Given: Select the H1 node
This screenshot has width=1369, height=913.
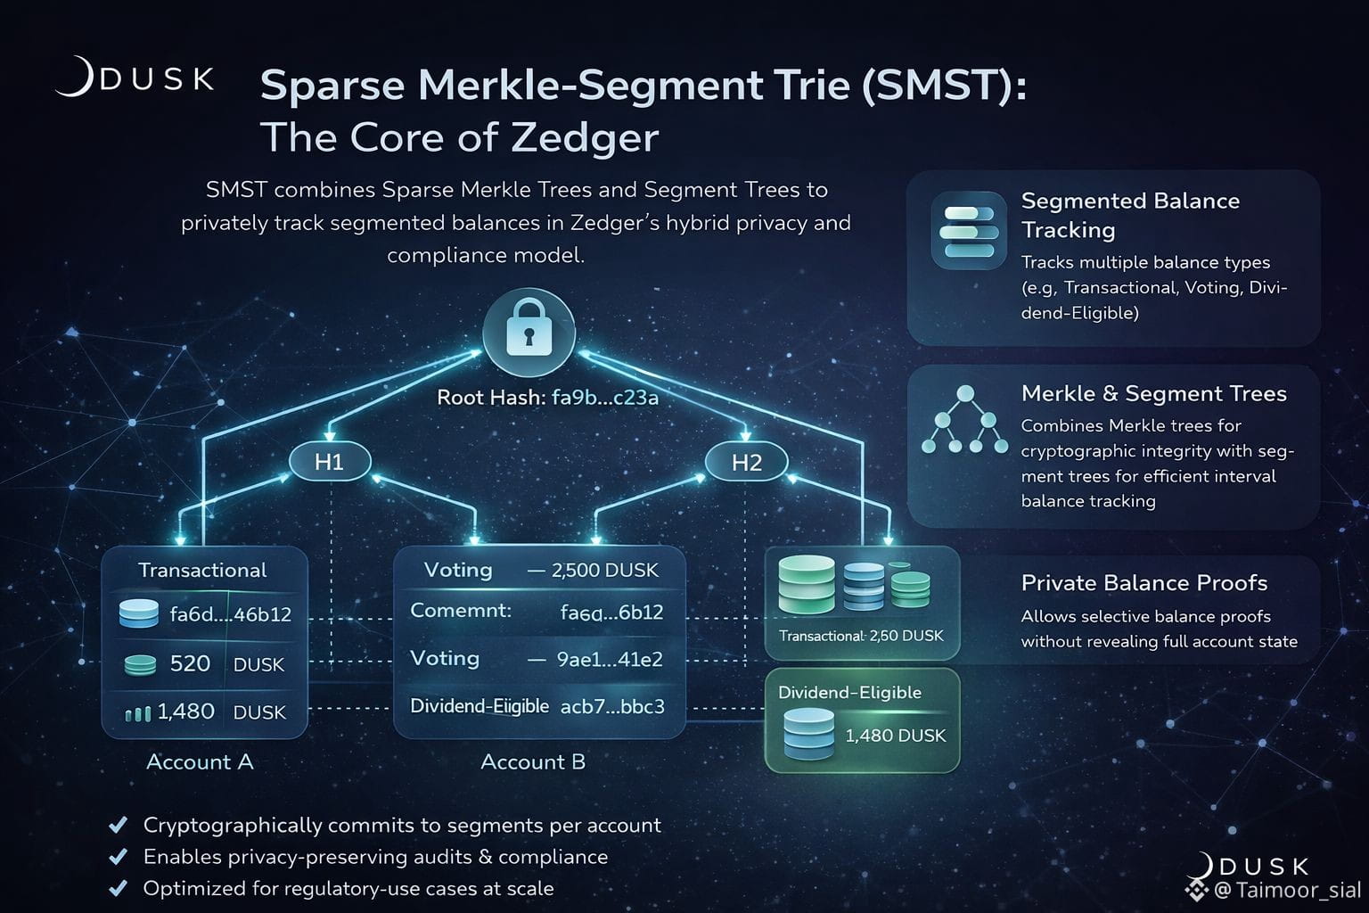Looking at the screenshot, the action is pyautogui.click(x=329, y=462).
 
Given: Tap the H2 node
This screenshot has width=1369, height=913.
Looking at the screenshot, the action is pyautogui.click(x=746, y=462).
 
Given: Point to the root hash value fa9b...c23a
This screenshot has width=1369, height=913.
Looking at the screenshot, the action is pyautogui.click(x=605, y=398).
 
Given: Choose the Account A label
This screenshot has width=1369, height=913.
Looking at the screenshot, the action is pyautogui.click(x=200, y=762).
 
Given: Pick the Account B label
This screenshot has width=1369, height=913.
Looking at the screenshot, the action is pyautogui.click(x=533, y=762).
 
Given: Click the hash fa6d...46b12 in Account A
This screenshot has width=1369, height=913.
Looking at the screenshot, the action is pyautogui.click(x=230, y=614).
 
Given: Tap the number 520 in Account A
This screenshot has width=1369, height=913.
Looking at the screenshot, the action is pyautogui.click(x=190, y=664).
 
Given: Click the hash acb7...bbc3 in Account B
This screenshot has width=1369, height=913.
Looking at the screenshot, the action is pyautogui.click(x=612, y=707).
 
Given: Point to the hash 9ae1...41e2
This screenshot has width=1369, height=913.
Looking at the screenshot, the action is pyautogui.click(x=610, y=660).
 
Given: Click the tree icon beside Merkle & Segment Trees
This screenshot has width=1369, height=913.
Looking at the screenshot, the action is pyautogui.click(x=964, y=421).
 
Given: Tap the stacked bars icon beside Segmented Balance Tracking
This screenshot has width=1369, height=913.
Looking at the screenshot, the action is pyautogui.click(x=969, y=231).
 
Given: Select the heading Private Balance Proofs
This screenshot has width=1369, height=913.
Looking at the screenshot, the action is pyautogui.click(x=1144, y=583).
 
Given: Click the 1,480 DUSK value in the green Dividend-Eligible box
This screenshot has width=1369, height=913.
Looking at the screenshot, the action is pyautogui.click(x=895, y=736).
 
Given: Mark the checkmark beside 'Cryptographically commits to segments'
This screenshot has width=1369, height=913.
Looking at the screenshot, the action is pyautogui.click(x=117, y=825).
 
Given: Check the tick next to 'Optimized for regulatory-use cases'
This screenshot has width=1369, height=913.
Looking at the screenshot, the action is pyautogui.click(x=117, y=888).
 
